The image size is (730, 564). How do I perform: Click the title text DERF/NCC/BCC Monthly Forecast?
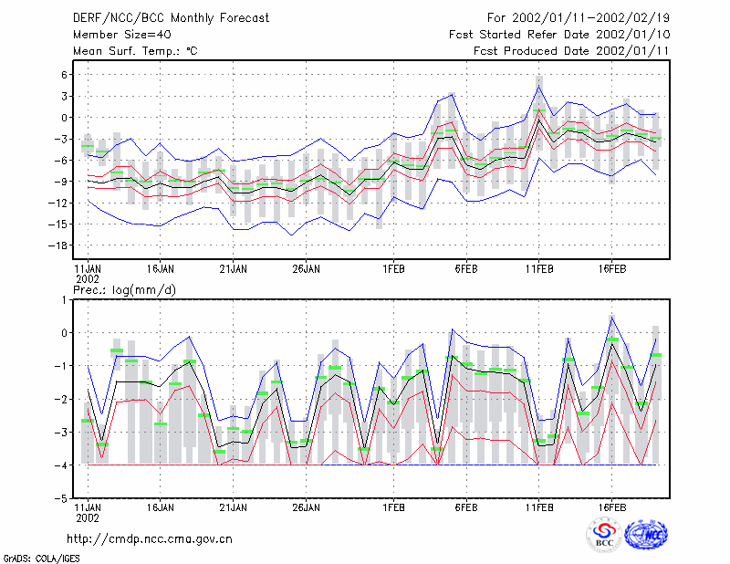point(171,18)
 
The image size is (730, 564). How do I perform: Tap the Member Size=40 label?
point(122,35)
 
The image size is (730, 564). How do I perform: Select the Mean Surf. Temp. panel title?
point(135,51)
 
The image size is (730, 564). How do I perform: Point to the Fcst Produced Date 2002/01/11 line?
point(571,51)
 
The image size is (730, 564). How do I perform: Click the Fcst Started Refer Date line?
point(559,35)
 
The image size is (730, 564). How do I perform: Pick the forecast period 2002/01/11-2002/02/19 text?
point(579,18)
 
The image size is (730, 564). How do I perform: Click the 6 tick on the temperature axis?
point(64,75)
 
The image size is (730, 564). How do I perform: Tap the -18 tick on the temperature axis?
point(57,245)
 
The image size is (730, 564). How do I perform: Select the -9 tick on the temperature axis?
point(61,182)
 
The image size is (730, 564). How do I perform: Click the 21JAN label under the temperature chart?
point(234,269)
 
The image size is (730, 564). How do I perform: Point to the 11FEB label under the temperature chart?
point(539,269)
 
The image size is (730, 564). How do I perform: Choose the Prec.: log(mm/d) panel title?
point(124,290)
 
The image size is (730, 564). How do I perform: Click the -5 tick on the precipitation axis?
point(61,498)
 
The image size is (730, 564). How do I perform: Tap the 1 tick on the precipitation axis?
point(64,300)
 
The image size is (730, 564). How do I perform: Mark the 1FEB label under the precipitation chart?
point(393,507)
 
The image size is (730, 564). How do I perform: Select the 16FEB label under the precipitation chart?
point(611,507)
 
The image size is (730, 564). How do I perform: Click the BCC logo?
point(604,535)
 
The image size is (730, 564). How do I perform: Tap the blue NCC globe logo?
point(646,535)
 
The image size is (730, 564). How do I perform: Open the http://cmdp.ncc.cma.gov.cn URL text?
point(150,539)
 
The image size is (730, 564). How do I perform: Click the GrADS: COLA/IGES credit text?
point(41,559)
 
